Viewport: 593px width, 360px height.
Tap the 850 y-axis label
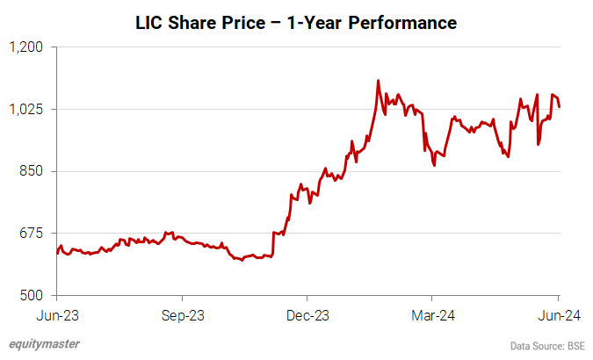coord(32,171)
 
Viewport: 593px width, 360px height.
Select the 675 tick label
coord(32,233)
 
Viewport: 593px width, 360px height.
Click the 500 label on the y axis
coord(32,295)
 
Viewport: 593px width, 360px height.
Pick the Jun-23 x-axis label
coord(56,313)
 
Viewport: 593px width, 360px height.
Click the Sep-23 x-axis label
coord(182,313)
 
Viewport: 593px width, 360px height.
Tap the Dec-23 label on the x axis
coord(308,313)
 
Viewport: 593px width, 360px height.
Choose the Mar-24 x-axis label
coord(434,313)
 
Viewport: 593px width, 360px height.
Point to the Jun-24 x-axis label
coord(559,313)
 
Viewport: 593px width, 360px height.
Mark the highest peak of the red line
coord(378,81)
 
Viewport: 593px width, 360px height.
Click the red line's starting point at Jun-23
coord(56,253)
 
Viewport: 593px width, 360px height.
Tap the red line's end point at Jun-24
coord(560,106)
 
